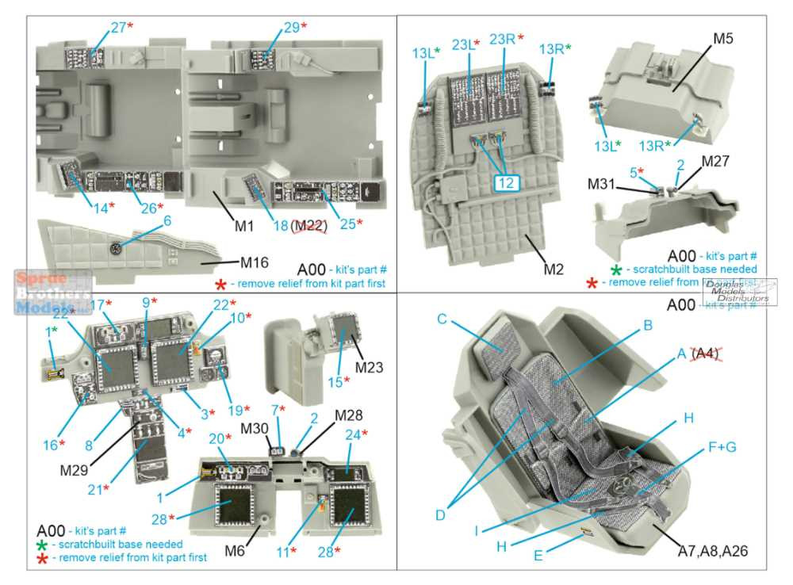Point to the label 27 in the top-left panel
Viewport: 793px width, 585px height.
click(118, 27)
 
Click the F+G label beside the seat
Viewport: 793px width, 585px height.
click(719, 447)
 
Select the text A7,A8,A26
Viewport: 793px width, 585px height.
click(714, 550)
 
